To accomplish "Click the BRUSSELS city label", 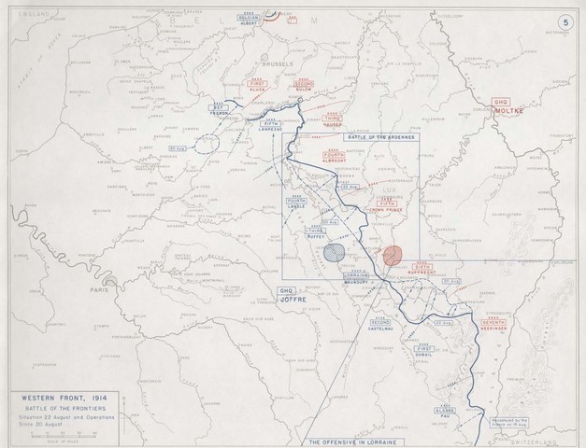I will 279,64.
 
